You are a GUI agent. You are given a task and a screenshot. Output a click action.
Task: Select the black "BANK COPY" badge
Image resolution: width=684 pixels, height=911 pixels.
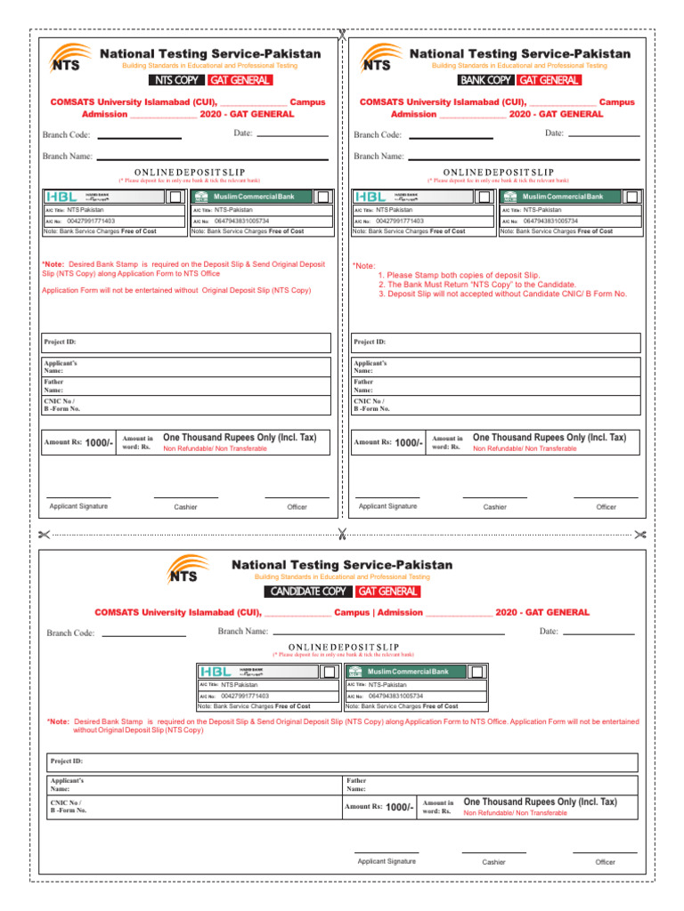click(x=485, y=81)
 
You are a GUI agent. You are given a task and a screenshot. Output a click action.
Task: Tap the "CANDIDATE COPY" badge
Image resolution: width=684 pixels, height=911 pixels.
click(x=308, y=592)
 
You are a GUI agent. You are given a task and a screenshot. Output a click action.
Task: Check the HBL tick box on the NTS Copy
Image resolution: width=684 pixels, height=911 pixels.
click(x=176, y=197)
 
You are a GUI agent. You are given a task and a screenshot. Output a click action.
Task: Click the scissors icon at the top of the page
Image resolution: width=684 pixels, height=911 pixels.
click(x=342, y=35)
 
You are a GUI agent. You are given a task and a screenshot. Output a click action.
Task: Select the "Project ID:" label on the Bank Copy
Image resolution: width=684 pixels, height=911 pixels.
click(x=370, y=342)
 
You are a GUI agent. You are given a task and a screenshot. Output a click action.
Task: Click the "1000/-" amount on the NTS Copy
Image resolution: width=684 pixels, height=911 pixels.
click(x=99, y=443)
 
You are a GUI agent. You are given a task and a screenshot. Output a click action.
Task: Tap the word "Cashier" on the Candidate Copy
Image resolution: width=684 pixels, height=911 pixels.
click(x=493, y=862)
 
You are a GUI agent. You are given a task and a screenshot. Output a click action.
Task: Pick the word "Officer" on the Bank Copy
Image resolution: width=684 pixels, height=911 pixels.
click(x=606, y=507)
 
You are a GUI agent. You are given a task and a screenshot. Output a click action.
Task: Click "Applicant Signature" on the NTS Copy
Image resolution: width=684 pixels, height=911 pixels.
click(x=78, y=506)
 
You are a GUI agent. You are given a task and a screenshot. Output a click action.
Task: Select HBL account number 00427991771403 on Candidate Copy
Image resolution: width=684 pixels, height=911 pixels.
click(x=245, y=696)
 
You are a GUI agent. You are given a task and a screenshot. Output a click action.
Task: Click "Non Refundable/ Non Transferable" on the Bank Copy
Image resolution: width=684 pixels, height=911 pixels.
click(x=525, y=448)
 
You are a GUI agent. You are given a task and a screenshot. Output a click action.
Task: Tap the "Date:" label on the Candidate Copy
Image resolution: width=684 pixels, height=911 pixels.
click(x=550, y=632)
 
